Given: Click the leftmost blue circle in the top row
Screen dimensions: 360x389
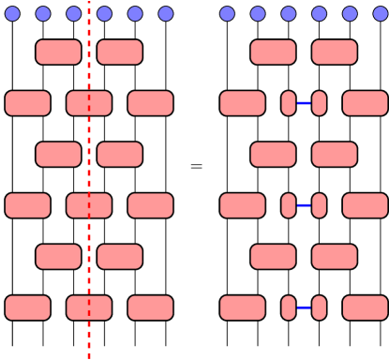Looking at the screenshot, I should [x=12, y=13].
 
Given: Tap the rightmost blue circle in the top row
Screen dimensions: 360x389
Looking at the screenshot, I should [x=380, y=13].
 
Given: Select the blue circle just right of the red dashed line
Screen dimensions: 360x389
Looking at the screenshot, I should [x=104, y=13].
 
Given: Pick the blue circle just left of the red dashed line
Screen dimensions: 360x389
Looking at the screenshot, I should [x=74, y=13].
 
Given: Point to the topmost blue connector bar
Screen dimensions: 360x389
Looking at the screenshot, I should [x=304, y=103].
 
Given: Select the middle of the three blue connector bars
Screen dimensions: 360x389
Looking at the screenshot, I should [x=304, y=205].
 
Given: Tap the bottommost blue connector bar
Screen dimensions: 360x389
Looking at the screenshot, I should [x=304, y=307].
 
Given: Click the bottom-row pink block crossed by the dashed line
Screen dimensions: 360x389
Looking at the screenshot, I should [x=89, y=307].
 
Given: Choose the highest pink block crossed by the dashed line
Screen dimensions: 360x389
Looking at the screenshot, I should [x=89, y=103].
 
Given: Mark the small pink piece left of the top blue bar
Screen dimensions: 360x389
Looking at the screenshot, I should [x=289, y=103].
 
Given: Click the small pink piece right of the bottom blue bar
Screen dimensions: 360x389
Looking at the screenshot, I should [x=319, y=307].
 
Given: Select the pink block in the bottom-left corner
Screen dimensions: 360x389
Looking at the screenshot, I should [x=28, y=307].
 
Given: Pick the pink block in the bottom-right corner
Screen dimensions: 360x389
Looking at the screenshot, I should [x=365, y=307].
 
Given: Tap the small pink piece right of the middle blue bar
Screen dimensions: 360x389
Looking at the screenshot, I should [x=319, y=205].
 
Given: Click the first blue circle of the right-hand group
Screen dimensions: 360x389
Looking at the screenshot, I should [x=227, y=13].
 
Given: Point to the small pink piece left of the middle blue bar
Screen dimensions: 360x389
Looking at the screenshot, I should [x=289, y=205].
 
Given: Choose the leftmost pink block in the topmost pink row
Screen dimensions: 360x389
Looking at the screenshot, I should [x=58, y=52].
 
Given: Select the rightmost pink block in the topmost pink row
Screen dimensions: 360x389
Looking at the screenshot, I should [x=334, y=52].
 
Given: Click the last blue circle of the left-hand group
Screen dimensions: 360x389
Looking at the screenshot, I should [x=166, y=13].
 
